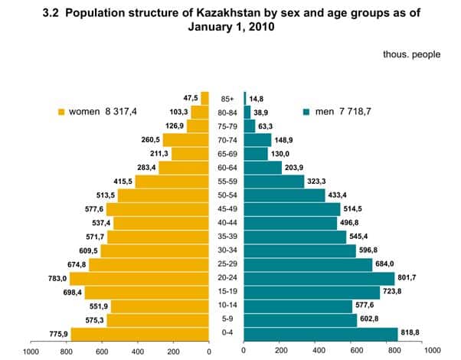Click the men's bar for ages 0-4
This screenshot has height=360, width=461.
tap(320, 333)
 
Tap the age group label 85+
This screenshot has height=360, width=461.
tap(227, 98)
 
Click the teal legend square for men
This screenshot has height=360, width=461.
tap(306, 112)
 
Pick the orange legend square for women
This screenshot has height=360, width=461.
tap(61, 112)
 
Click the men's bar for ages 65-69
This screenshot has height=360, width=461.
tap(256, 153)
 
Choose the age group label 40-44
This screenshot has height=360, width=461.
tap(227, 223)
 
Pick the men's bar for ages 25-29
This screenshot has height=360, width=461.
tap(308, 264)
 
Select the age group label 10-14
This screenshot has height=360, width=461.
tap(227, 306)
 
